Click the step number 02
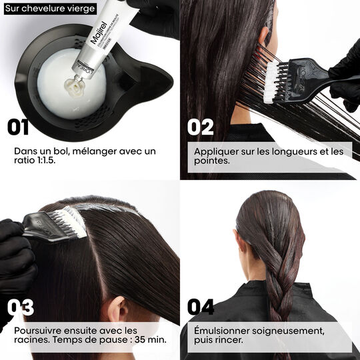[x=201, y=127]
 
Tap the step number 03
[x=21, y=307]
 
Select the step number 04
[x=201, y=307]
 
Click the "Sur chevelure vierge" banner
[x=49, y=9]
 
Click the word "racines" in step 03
[x=29, y=342]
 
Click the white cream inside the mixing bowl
[x=53, y=87]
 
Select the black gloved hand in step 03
[x=15, y=257]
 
